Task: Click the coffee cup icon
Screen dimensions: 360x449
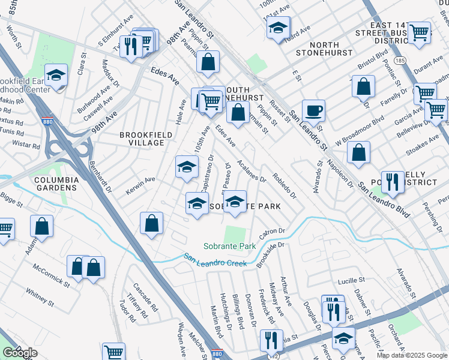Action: (x=313, y=111)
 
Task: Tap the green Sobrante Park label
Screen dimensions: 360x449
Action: (x=230, y=246)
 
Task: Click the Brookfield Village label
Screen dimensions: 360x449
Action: (x=142, y=139)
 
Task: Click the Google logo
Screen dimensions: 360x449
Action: (x=20, y=353)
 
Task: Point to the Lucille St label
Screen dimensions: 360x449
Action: (x=351, y=280)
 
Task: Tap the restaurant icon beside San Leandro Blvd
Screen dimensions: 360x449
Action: (x=393, y=182)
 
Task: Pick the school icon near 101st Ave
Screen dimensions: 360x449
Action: (x=278, y=28)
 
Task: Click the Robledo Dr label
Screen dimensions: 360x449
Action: (x=285, y=187)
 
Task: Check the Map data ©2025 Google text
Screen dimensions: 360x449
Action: (x=412, y=355)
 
